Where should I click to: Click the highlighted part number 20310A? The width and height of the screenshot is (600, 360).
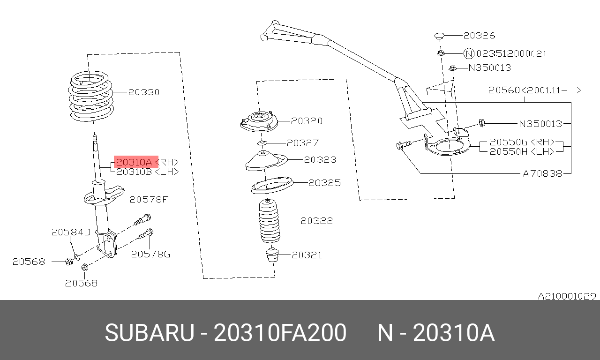point(134,162)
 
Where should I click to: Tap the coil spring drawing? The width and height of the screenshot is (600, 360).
point(91,96)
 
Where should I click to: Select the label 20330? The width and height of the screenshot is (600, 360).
point(144,92)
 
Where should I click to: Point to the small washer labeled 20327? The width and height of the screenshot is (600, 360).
point(262,143)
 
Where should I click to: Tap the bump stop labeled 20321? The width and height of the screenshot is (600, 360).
point(272,255)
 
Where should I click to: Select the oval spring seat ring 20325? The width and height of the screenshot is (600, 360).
point(272,185)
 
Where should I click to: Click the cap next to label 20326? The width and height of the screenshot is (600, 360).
point(439,36)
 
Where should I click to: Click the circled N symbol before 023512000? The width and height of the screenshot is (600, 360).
point(469,53)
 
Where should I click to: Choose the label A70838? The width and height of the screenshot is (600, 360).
point(542,173)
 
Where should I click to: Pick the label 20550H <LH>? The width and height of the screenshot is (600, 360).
point(522,151)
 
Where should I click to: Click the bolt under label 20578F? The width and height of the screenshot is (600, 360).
point(143,220)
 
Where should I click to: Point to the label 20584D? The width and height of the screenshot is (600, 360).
point(71,232)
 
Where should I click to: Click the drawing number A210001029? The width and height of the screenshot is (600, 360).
point(567,296)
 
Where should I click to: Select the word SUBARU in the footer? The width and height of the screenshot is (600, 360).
point(150,333)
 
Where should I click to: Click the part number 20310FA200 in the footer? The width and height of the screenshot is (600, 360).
point(280,333)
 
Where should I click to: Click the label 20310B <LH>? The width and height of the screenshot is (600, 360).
point(147,172)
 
